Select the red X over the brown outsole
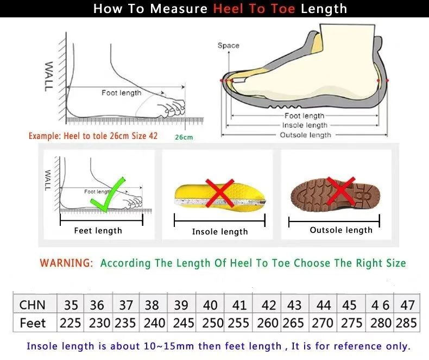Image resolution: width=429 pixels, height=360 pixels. (342, 191)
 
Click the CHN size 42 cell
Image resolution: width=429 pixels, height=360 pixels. (268, 304)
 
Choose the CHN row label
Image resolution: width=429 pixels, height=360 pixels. (33, 304)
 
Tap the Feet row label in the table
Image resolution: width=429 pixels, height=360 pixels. (33, 323)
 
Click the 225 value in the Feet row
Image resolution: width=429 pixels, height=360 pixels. (71, 323)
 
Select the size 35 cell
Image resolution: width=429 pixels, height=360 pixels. (71, 304)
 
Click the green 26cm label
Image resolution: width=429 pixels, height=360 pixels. (184, 137)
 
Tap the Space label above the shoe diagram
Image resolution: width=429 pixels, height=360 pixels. (228, 46)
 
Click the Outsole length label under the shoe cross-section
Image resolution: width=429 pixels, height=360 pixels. (305, 135)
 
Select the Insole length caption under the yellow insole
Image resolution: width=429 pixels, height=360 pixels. (219, 232)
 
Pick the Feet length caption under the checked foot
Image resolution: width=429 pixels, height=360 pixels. (98, 231)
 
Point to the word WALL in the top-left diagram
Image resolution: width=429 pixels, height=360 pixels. (49, 75)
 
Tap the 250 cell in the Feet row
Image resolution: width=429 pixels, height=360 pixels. (212, 323)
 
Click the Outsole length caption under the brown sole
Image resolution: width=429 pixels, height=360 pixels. (341, 230)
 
